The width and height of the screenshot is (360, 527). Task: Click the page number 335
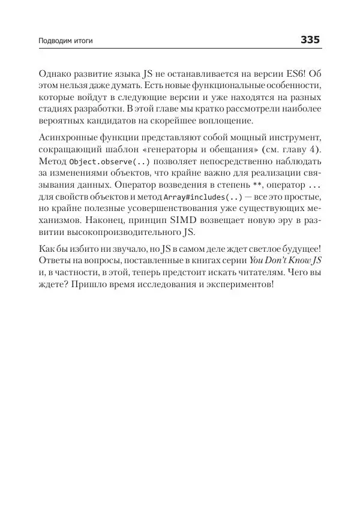click(x=310, y=40)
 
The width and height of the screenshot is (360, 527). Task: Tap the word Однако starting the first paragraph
click(x=55, y=74)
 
